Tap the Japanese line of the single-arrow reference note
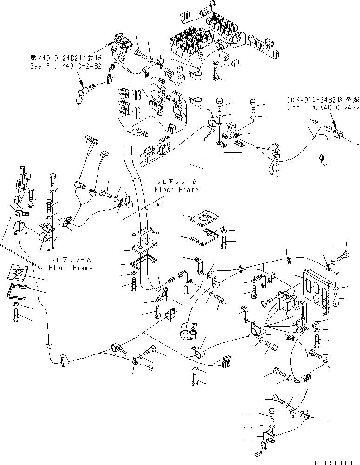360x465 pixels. [323, 99]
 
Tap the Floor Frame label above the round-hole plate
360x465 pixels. [177, 186]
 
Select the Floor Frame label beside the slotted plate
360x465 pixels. [71, 264]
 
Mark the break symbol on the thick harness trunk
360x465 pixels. [135, 177]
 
